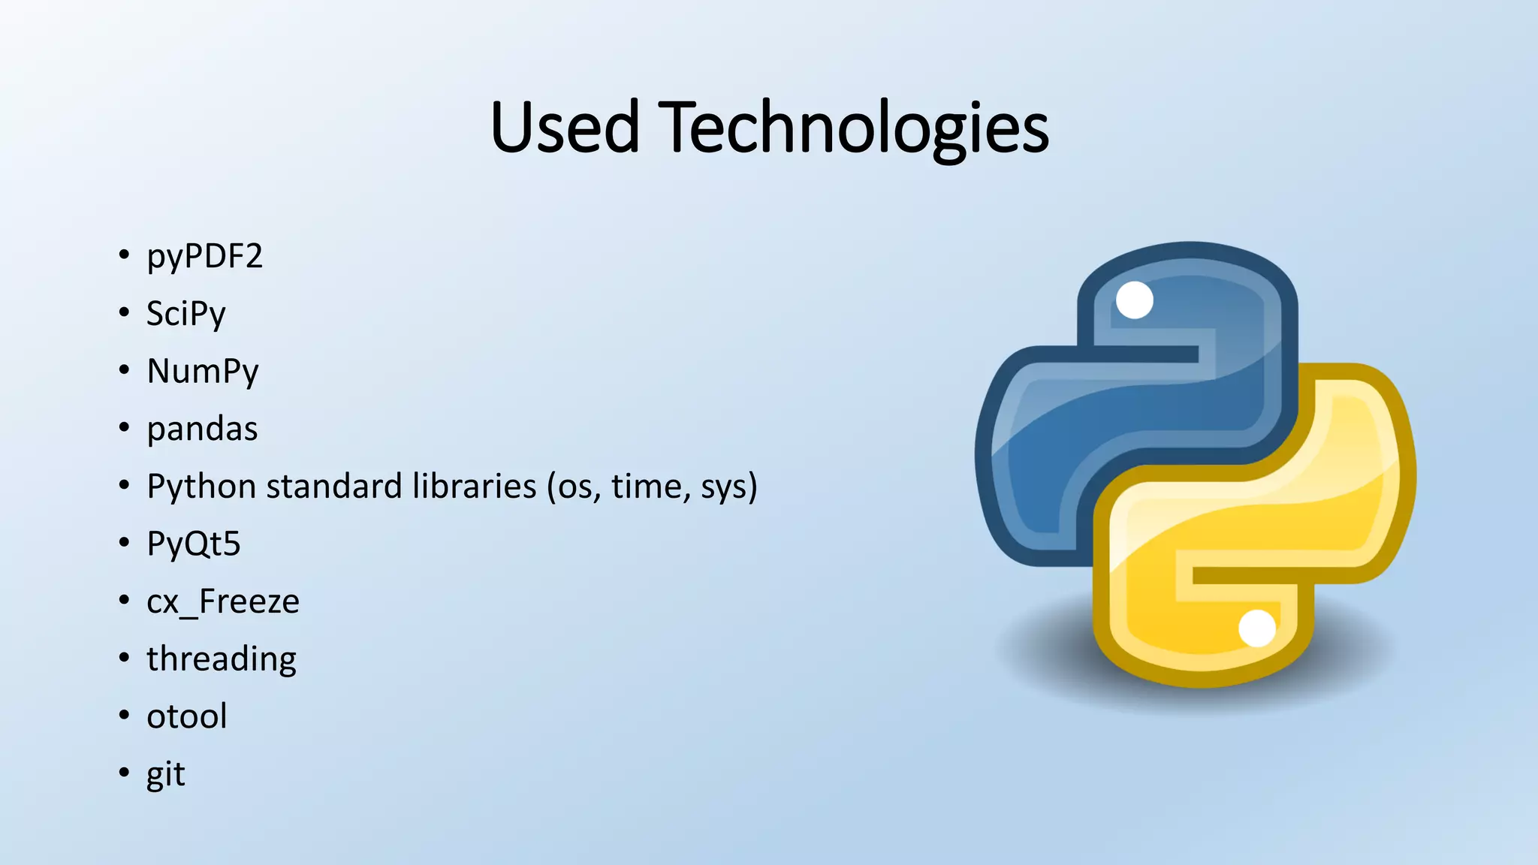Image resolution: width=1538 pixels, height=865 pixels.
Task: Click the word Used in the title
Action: coord(565,128)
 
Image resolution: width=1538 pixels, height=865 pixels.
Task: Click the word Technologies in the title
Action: coord(853,129)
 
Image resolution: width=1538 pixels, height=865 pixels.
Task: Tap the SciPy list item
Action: coord(185,315)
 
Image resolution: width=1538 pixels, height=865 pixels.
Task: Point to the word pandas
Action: coord(202,429)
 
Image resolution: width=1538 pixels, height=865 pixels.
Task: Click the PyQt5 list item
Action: coord(193,544)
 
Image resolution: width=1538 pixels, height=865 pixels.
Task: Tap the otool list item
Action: coord(186,717)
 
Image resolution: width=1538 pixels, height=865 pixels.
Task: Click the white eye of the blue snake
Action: coord(1134,300)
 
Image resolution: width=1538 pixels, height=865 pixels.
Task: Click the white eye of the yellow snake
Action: coord(1256,628)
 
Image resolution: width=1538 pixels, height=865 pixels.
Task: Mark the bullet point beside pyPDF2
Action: coord(124,255)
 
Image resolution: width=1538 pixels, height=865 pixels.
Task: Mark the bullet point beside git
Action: coord(124,773)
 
